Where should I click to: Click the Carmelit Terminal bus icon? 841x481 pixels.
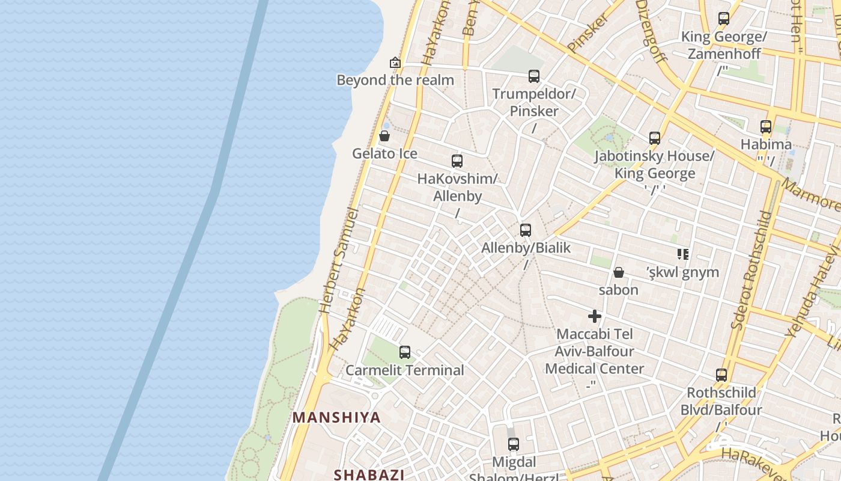click(405, 352)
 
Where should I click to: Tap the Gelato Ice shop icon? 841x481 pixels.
click(384, 136)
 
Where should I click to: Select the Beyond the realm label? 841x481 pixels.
click(395, 80)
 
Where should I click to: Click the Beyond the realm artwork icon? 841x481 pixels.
click(395, 62)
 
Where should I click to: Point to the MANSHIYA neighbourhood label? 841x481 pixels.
click(336, 417)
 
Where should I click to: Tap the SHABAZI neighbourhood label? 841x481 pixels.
click(369, 474)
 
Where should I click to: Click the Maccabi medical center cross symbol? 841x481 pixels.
click(595, 316)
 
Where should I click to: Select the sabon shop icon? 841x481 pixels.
click(619, 272)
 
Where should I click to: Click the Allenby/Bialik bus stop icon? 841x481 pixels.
click(526, 230)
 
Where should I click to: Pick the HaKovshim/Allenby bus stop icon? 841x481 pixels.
click(457, 161)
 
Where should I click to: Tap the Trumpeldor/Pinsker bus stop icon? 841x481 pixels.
click(534, 76)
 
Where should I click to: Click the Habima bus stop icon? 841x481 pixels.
click(766, 127)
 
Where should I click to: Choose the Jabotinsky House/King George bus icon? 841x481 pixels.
click(655, 138)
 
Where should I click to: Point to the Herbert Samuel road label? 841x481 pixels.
click(339, 260)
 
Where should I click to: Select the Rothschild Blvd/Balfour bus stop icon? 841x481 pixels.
click(721, 375)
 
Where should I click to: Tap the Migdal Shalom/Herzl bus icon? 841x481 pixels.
click(514, 444)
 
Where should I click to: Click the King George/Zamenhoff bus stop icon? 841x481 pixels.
click(724, 19)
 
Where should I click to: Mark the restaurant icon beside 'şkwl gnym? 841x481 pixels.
click(682, 254)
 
